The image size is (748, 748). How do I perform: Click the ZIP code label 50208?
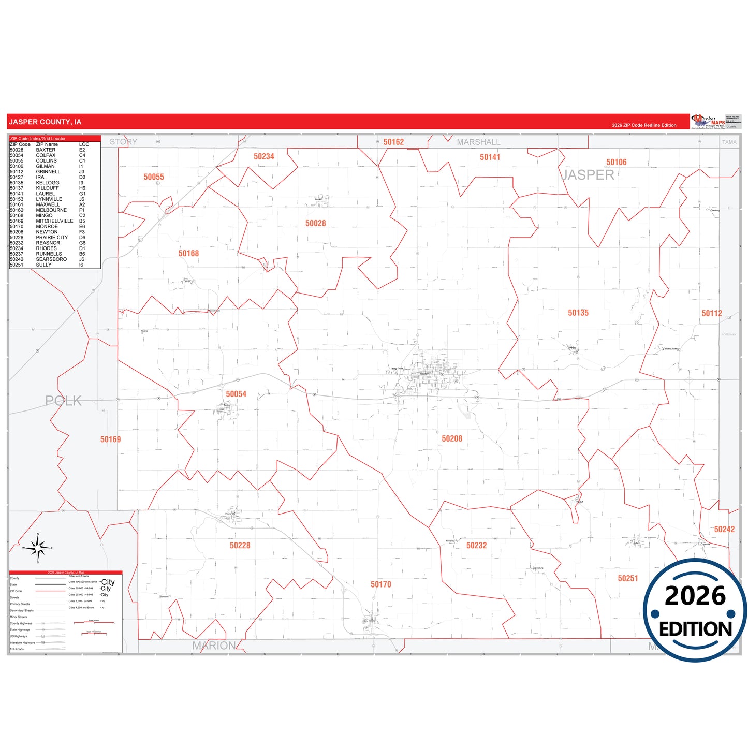pyautogui.click(x=452, y=438)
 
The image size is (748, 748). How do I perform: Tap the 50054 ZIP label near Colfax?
pyautogui.click(x=236, y=394)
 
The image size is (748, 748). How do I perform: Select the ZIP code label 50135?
pyautogui.click(x=578, y=313)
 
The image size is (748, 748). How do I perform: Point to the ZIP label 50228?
pyautogui.click(x=240, y=545)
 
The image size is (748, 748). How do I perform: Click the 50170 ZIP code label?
pyautogui.click(x=381, y=584)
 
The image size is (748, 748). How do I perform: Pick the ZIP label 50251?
pyautogui.click(x=628, y=578)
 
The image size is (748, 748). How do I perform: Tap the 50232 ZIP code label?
pyautogui.click(x=476, y=545)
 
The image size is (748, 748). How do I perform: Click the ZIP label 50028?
pyautogui.click(x=316, y=223)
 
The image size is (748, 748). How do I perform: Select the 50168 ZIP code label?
pyautogui.click(x=188, y=253)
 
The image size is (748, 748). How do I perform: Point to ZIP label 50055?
pyautogui.click(x=154, y=177)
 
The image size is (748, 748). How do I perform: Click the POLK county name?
pyautogui.click(x=63, y=401)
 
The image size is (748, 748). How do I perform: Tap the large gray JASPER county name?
pyautogui.click(x=589, y=175)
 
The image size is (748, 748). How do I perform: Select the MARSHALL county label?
pyautogui.click(x=478, y=142)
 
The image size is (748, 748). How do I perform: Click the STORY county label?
pyautogui.click(x=123, y=142)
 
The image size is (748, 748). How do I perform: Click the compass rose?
pyautogui.click(x=38, y=547)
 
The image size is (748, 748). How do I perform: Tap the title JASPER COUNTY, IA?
pyautogui.click(x=45, y=122)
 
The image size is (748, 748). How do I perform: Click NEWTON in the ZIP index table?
pyautogui.click(x=47, y=232)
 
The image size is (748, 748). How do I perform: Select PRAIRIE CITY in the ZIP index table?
pyautogui.click(x=52, y=238)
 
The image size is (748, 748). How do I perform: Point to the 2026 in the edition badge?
pyautogui.click(x=695, y=596)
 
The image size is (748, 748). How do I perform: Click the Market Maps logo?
pyautogui.click(x=708, y=122)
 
